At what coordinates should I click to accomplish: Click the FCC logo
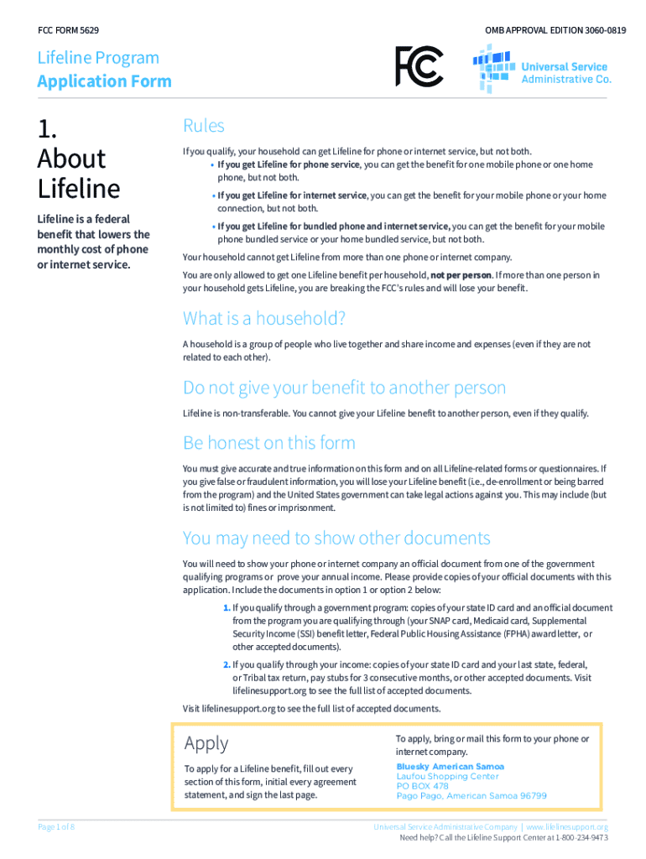pyautogui.click(x=419, y=66)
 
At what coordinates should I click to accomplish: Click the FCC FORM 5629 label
pyautogui.click(x=69, y=30)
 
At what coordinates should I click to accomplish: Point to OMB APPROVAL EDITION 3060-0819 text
pyautogui.click(x=555, y=30)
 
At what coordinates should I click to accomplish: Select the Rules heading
pyautogui.click(x=204, y=126)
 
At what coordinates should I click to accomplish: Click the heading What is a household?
pyautogui.click(x=264, y=319)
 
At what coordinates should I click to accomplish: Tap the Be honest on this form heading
pyautogui.click(x=269, y=442)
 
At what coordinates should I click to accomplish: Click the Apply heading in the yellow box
pyautogui.click(x=206, y=742)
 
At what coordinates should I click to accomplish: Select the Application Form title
pyautogui.click(x=104, y=81)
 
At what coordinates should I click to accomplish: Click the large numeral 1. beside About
pyautogui.click(x=48, y=128)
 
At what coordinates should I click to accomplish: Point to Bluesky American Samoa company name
pyautogui.click(x=450, y=767)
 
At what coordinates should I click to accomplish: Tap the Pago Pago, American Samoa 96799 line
pyautogui.click(x=471, y=796)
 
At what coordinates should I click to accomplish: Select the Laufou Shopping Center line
pyautogui.click(x=447, y=777)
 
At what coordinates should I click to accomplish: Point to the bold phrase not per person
pyautogui.click(x=461, y=275)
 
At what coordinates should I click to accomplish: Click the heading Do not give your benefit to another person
pyautogui.click(x=345, y=388)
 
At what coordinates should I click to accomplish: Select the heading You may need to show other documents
pyautogui.click(x=336, y=537)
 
